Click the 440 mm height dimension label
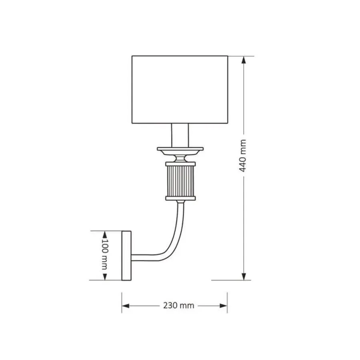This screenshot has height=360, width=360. pyautogui.click(x=243, y=156)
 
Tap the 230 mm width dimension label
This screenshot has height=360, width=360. pyautogui.click(x=179, y=306)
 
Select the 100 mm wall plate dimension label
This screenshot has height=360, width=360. pyautogui.click(x=105, y=254)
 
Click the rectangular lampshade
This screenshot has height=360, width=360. pyautogui.click(x=180, y=90)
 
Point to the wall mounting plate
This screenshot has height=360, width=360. pyautogui.click(x=126, y=256)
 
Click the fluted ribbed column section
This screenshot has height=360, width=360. pyautogui.click(x=180, y=181)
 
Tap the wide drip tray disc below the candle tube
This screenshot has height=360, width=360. pyautogui.click(x=180, y=151)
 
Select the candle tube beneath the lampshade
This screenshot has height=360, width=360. pyautogui.click(x=180, y=136)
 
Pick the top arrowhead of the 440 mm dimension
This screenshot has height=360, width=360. pyautogui.click(x=244, y=60)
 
